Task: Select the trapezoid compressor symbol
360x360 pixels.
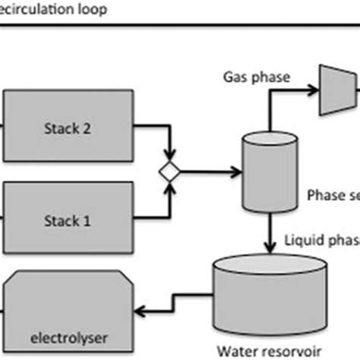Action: click(x=332, y=92)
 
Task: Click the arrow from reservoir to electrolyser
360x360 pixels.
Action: click(x=163, y=307)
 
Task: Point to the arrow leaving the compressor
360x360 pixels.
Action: click(x=354, y=92)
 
